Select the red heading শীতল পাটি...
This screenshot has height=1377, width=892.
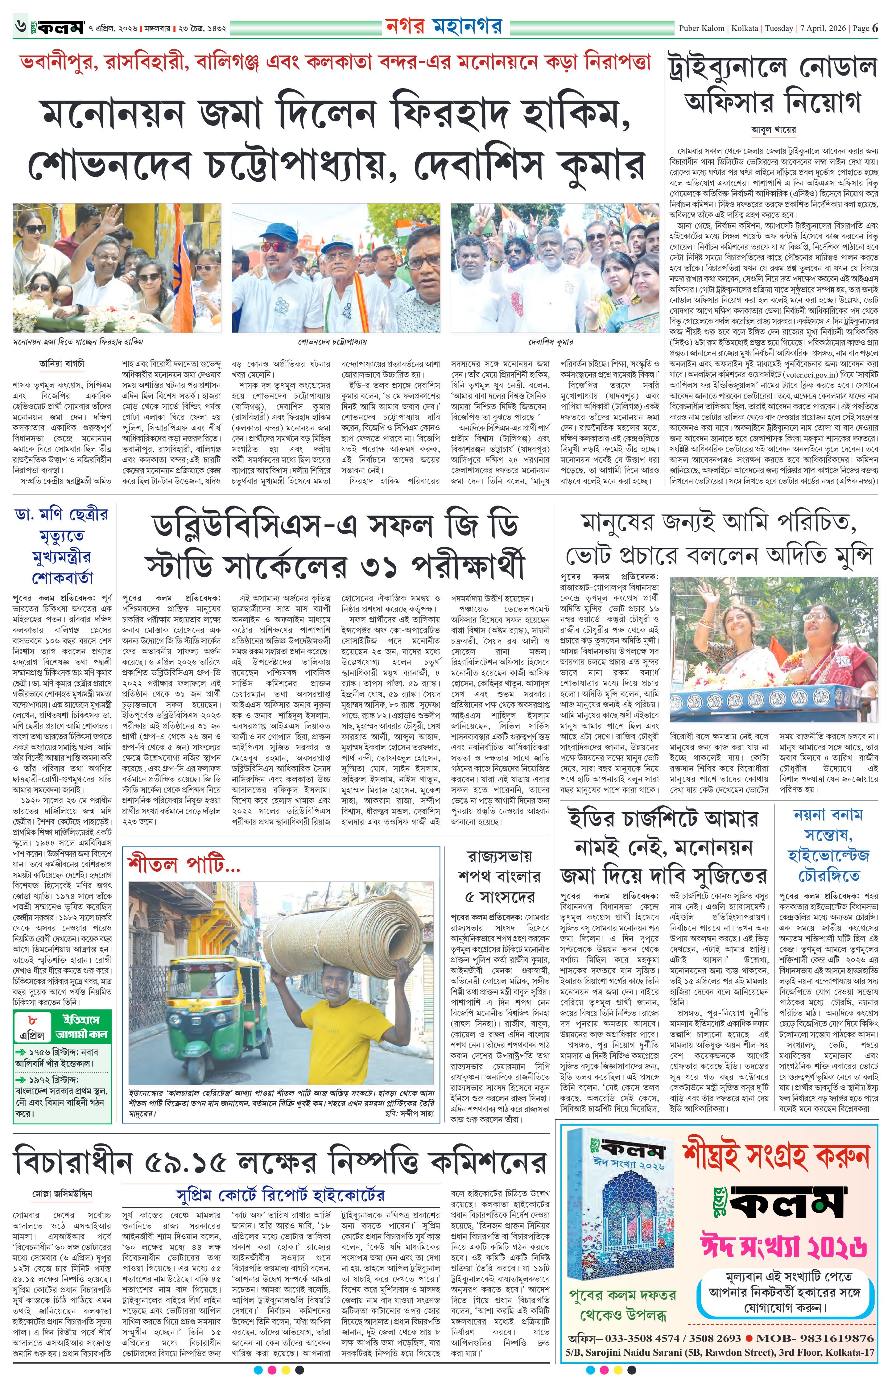[x=184, y=866]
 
